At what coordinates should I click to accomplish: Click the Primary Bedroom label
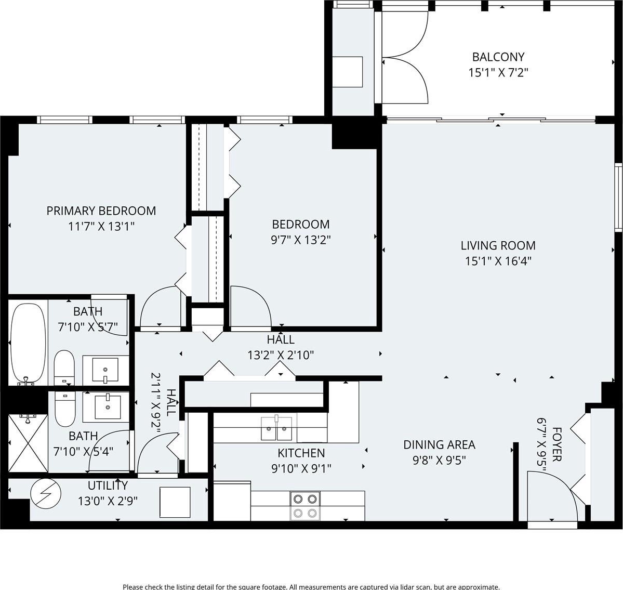pos(101,211)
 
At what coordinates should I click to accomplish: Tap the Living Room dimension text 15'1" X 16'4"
pos(498,261)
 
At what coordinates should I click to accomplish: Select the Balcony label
pos(498,57)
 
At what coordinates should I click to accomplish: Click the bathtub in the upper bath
pos(28,344)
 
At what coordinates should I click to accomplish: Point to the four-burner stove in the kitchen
pos(306,506)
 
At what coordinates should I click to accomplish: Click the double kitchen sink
pos(276,428)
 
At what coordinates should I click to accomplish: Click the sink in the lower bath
pos(108,408)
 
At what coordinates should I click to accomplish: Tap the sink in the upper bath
pos(105,370)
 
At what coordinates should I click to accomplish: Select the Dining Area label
pos(440,444)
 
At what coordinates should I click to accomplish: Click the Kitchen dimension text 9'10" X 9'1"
pos(301,469)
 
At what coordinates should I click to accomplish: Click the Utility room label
pos(108,486)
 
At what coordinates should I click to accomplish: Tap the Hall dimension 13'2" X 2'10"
pos(281,355)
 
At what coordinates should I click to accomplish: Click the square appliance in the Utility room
pos(175,502)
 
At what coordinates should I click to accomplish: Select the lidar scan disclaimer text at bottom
pos(312,586)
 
